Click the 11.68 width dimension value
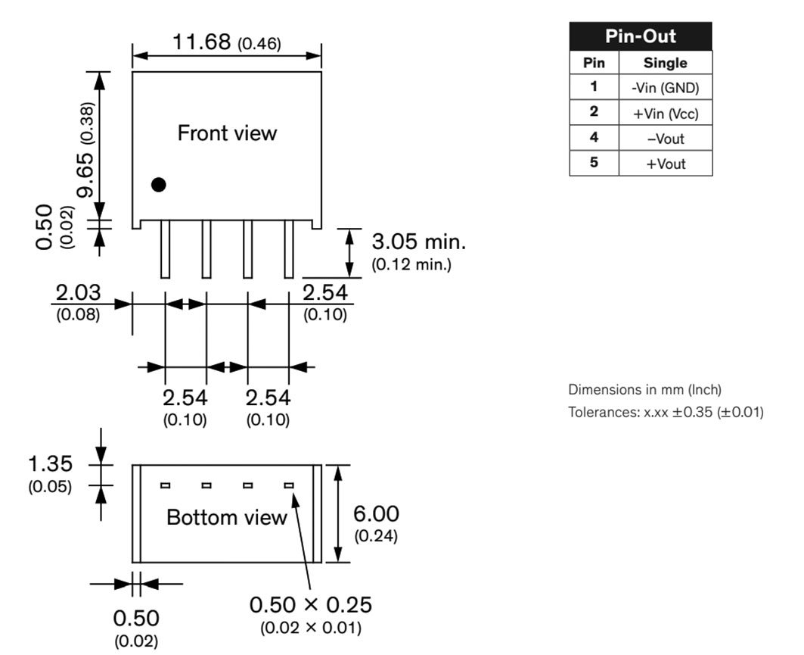click(x=201, y=42)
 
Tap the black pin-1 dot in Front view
click(x=158, y=184)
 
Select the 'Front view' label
click(x=227, y=133)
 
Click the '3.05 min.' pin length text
click(x=418, y=243)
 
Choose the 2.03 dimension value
click(x=77, y=294)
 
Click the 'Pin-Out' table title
click(x=640, y=36)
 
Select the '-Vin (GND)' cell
click(x=665, y=88)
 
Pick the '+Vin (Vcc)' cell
click(x=665, y=114)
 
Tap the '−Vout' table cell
click(x=665, y=139)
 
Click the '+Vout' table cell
click(x=665, y=164)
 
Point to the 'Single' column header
click(x=665, y=63)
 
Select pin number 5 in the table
click(x=594, y=162)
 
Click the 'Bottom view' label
click(x=227, y=518)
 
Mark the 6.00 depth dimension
click(x=376, y=514)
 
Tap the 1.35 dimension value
click(x=50, y=463)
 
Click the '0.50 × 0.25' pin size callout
click(x=310, y=605)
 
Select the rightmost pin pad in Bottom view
click(x=288, y=485)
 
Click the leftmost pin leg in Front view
click(x=165, y=250)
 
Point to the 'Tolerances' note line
click(x=666, y=413)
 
